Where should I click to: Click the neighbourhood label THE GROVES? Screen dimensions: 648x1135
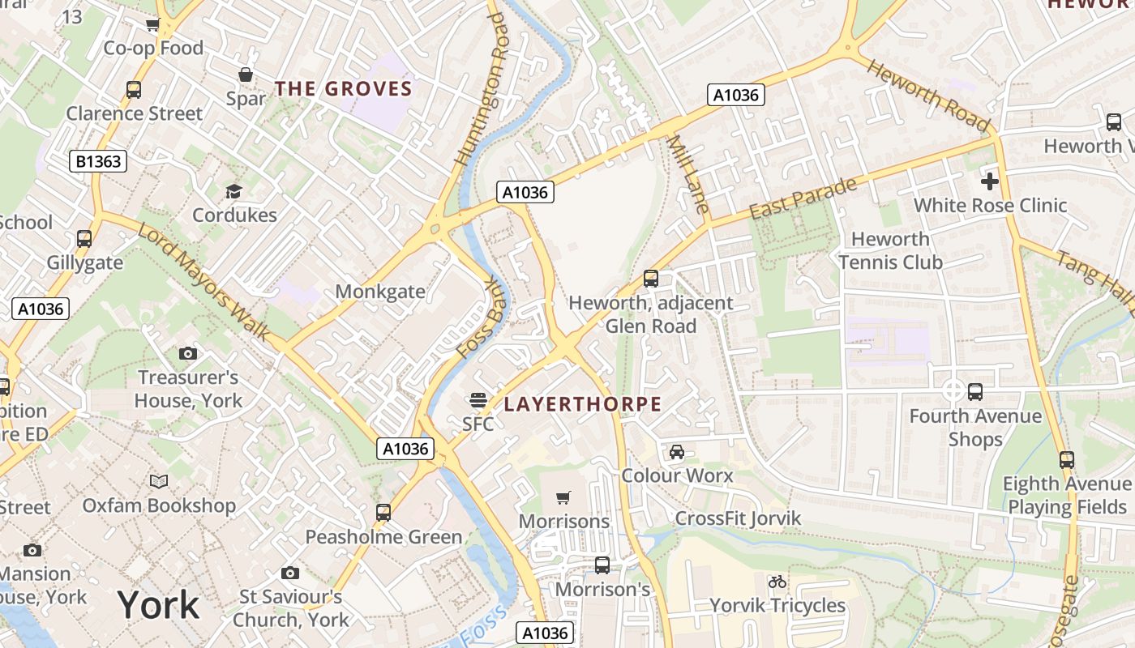click(344, 89)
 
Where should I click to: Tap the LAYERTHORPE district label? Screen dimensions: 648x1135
click(583, 404)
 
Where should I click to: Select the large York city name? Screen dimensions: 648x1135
click(158, 605)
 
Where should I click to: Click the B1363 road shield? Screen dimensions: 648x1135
click(99, 161)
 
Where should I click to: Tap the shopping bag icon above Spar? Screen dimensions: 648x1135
click(246, 75)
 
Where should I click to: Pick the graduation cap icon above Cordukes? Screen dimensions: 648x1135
click(234, 191)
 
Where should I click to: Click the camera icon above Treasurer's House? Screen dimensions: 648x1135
click(187, 353)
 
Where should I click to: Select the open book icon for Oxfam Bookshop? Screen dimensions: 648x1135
click(159, 481)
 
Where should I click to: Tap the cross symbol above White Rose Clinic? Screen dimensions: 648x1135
click(990, 181)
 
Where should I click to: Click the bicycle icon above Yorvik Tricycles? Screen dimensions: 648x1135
click(777, 582)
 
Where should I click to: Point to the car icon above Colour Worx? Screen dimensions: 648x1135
click(677, 451)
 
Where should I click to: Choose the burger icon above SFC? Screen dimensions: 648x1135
click(478, 399)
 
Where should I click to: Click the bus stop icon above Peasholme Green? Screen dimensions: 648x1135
click(383, 512)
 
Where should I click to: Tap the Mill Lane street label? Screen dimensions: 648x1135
click(687, 174)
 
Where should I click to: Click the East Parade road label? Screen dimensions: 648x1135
click(803, 198)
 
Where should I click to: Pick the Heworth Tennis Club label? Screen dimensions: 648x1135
click(890, 250)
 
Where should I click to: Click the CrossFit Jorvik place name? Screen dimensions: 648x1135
click(738, 518)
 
